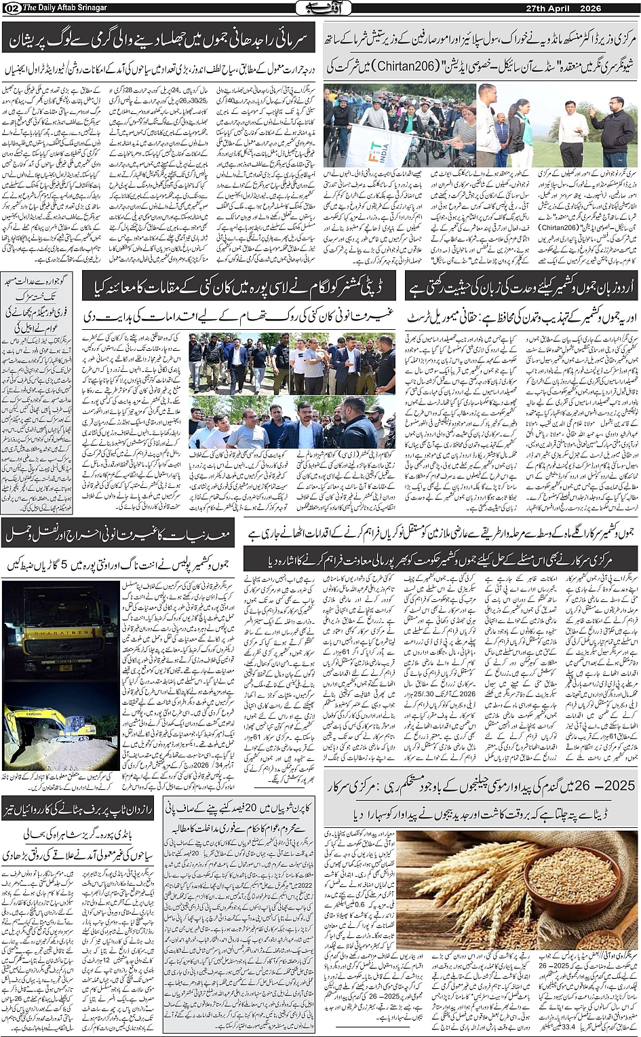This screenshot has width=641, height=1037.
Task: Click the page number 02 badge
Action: tap(11, 7)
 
